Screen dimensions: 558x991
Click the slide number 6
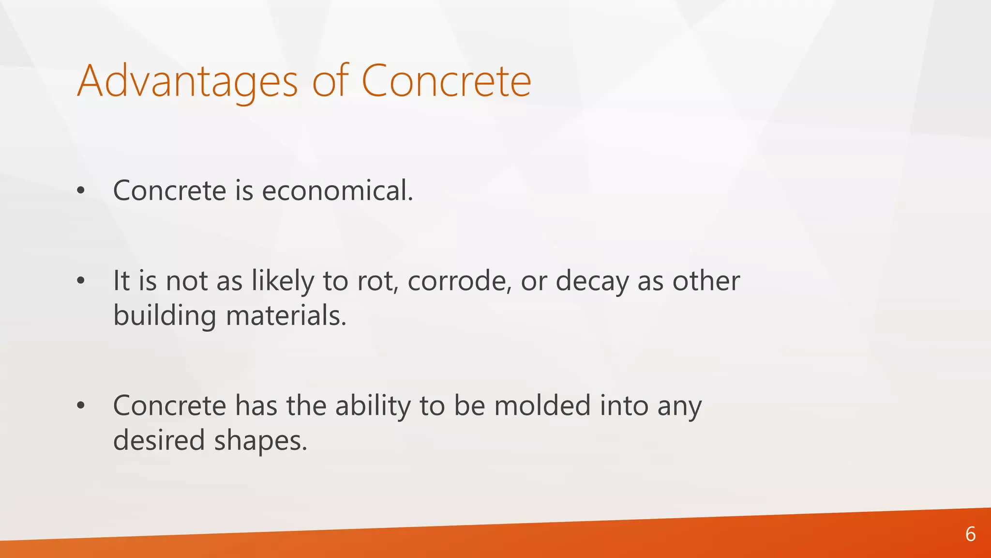point(970,534)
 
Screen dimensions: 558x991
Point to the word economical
point(337,190)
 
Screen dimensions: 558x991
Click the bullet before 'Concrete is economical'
point(81,191)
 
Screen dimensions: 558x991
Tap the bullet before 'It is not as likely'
point(81,281)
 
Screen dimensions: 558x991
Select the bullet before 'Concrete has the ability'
point(81,406)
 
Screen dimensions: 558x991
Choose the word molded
point(542,405)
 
